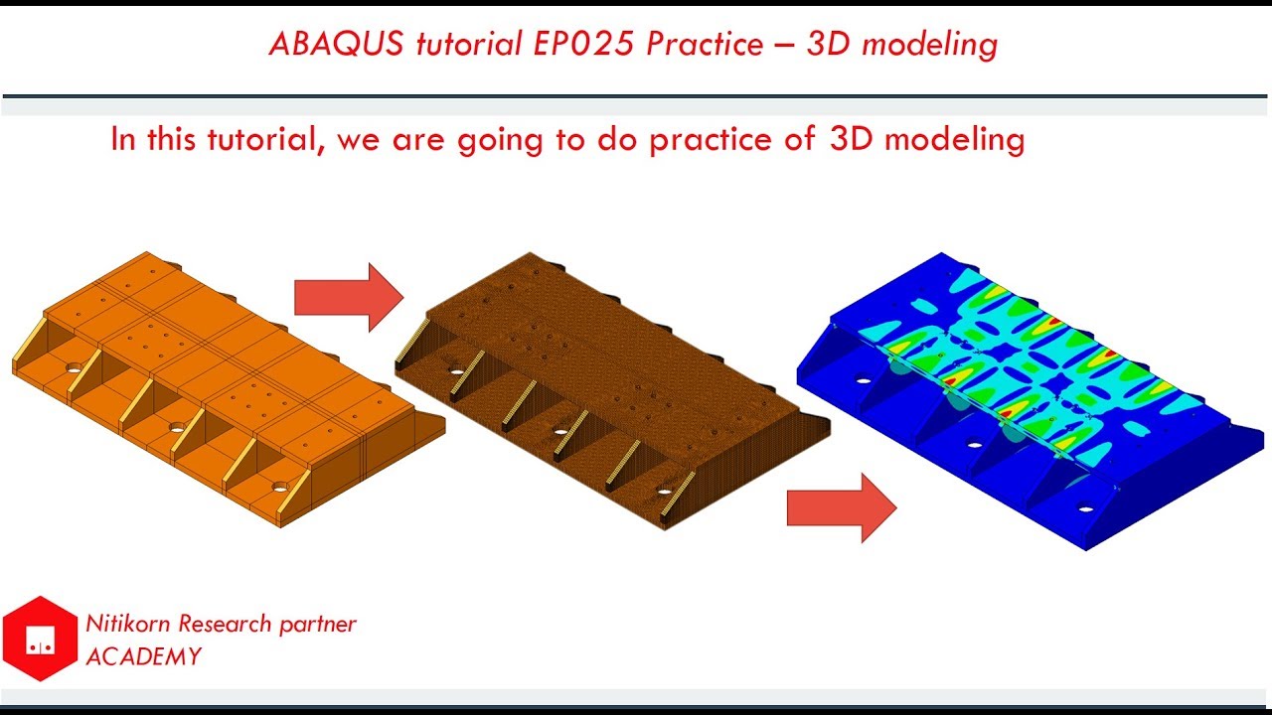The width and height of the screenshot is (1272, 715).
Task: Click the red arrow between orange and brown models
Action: click(349, 297)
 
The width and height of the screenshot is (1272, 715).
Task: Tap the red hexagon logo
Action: click(40, 639)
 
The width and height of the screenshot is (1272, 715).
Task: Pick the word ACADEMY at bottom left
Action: click(143, 656)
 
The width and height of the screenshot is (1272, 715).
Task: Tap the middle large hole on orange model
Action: click(176, 428)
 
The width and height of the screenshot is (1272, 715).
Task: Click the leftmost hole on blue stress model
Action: click(862, 379)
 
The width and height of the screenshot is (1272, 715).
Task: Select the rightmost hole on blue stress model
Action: click(1085, 509)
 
